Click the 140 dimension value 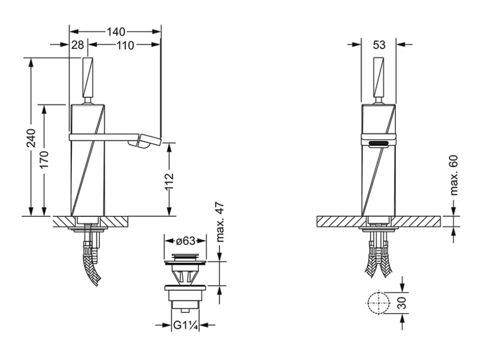116,31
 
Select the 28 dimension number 78,45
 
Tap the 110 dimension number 126,45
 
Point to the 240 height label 31,138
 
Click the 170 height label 44,159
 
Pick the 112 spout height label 169,182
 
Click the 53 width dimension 379,45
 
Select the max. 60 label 454,175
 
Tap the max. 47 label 220,222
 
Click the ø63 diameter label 185,241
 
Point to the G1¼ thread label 185,325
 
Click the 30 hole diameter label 402,303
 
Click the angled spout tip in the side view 145,141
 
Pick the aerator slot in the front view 378,144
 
